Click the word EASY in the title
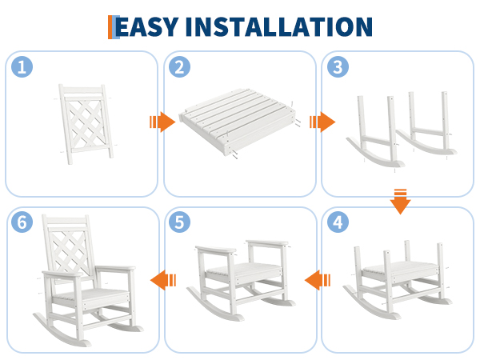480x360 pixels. click(x=147, y=27)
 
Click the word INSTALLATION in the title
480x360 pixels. click(x=279, y=27)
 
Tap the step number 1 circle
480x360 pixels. click(x=22, y=66)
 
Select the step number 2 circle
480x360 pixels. click(x=180, y=66)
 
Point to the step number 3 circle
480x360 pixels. click(x=338, y=66)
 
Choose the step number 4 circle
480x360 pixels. click(x=338, y=222)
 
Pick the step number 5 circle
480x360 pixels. click(x=180, y=222)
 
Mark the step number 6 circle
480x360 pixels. click(x=22, y=222)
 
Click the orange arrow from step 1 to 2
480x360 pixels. click(x=162, y=122)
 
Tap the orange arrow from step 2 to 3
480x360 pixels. click(x=322, y=122)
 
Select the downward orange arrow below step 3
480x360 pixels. click(x=400, y=202)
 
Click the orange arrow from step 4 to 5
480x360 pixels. click(x=318, y=280)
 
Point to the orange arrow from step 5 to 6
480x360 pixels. click(x=163, y=280)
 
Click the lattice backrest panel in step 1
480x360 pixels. click(x=86, y=124)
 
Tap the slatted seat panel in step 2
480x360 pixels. click(x=238, y=122)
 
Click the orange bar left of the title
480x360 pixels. click(x=110, y=27)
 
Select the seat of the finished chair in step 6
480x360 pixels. click(x=90, y=296)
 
